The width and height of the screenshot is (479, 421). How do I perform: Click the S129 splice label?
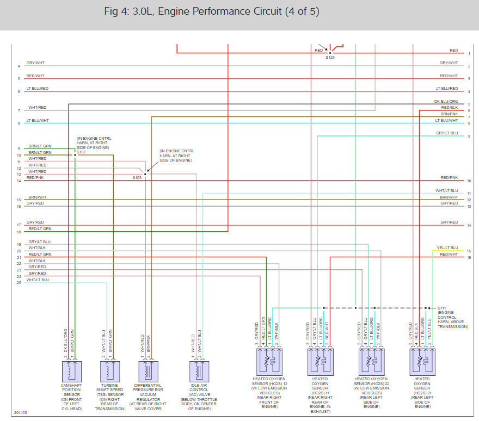330,57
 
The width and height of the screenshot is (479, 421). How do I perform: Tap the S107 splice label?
81,152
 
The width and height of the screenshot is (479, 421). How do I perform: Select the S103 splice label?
137,178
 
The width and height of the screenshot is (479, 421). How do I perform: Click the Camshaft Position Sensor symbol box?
72,372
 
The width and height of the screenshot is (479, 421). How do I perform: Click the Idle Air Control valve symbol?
199,372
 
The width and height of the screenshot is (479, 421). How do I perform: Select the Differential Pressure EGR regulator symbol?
147,372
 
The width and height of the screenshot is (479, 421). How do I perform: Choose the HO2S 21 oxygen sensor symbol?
422,361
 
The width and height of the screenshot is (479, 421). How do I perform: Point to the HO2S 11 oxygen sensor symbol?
320,361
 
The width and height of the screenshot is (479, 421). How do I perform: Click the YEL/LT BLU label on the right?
447,247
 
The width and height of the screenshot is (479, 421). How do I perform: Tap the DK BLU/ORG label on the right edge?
446,101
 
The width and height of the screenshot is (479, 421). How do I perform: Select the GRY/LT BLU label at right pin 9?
447,133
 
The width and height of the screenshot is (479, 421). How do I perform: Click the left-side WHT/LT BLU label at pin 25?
38,280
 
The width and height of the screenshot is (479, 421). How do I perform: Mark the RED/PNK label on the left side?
35,178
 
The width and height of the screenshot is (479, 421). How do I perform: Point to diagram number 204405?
20,413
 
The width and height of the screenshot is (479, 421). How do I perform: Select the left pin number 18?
19,232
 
